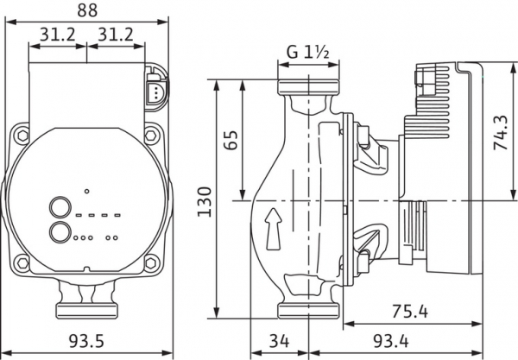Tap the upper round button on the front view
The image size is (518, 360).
click(60, 207)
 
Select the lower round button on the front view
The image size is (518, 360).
click(60, 233)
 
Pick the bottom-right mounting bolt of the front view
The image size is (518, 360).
click(154, 262)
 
